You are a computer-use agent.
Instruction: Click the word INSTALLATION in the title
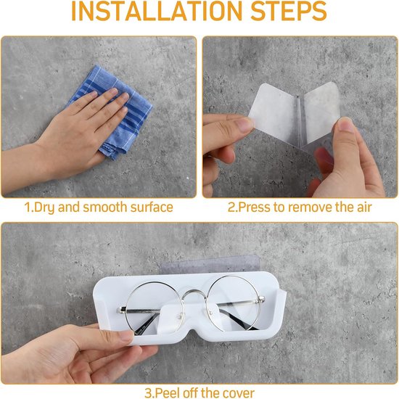coord(157,11)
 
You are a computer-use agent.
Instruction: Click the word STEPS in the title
coord(289,11)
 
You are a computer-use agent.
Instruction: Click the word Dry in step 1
coord(44,207)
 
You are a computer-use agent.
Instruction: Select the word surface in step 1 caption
coord(152,207)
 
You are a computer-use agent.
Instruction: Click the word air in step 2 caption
coord(364,207)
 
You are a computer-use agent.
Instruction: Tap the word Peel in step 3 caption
coord(168,393)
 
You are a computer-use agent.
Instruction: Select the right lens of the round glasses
coord(234,304)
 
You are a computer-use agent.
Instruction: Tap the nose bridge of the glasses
coord(195,295)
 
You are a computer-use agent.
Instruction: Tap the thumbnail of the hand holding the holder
coord(126,336)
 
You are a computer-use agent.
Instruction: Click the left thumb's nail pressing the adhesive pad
coord(244,125)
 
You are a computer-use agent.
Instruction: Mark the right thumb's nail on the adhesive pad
coord(345,126)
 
